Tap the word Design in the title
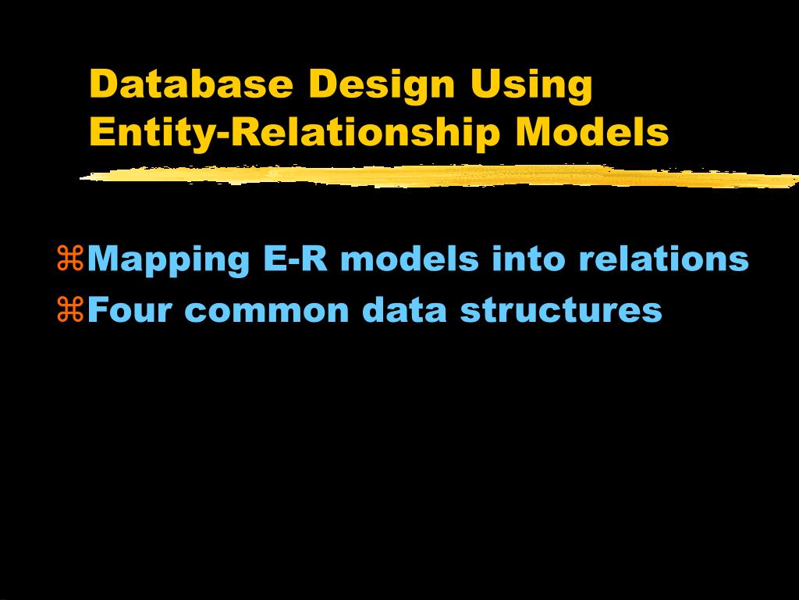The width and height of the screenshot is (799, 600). [381, 87]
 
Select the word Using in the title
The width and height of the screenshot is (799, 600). [531, 87]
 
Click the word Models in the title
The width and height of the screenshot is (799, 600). [592, 131]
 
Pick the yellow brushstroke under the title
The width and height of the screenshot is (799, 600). [439, 176]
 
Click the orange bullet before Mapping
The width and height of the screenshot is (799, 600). [70, 258]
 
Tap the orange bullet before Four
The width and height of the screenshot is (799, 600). [70, 309]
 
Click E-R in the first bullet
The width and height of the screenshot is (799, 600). [296, 259]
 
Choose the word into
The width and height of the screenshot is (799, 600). [528, 258]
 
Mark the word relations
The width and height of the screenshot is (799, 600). [663, 258]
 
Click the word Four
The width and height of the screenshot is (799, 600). [130, 309]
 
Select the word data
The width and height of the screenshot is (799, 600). [405, 309]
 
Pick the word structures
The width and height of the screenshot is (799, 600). [561, 309]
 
